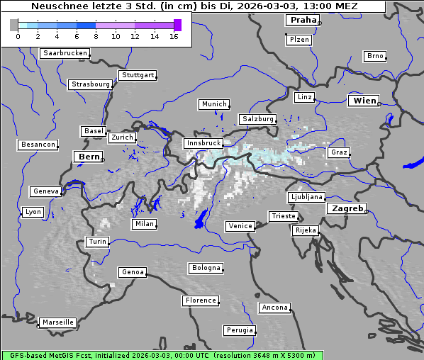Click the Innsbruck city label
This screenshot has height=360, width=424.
(203, 143)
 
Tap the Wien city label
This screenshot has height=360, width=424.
(364, 101)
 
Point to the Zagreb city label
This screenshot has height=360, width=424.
(347, 208)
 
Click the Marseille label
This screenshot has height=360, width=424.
(57, 322)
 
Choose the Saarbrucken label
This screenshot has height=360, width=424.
(65, 53)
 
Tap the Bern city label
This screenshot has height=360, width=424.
(89, 156)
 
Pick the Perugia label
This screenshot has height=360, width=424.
(239, 330)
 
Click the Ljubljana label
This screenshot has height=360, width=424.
(306, 197)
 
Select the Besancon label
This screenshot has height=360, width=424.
(38, 145)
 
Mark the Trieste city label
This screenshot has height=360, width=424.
(283, 216)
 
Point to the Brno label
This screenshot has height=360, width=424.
(374, 56)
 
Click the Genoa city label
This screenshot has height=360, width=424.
(133, 272)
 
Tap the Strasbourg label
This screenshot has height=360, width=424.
(90, 84)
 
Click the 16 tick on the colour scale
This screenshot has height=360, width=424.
(174, 35)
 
